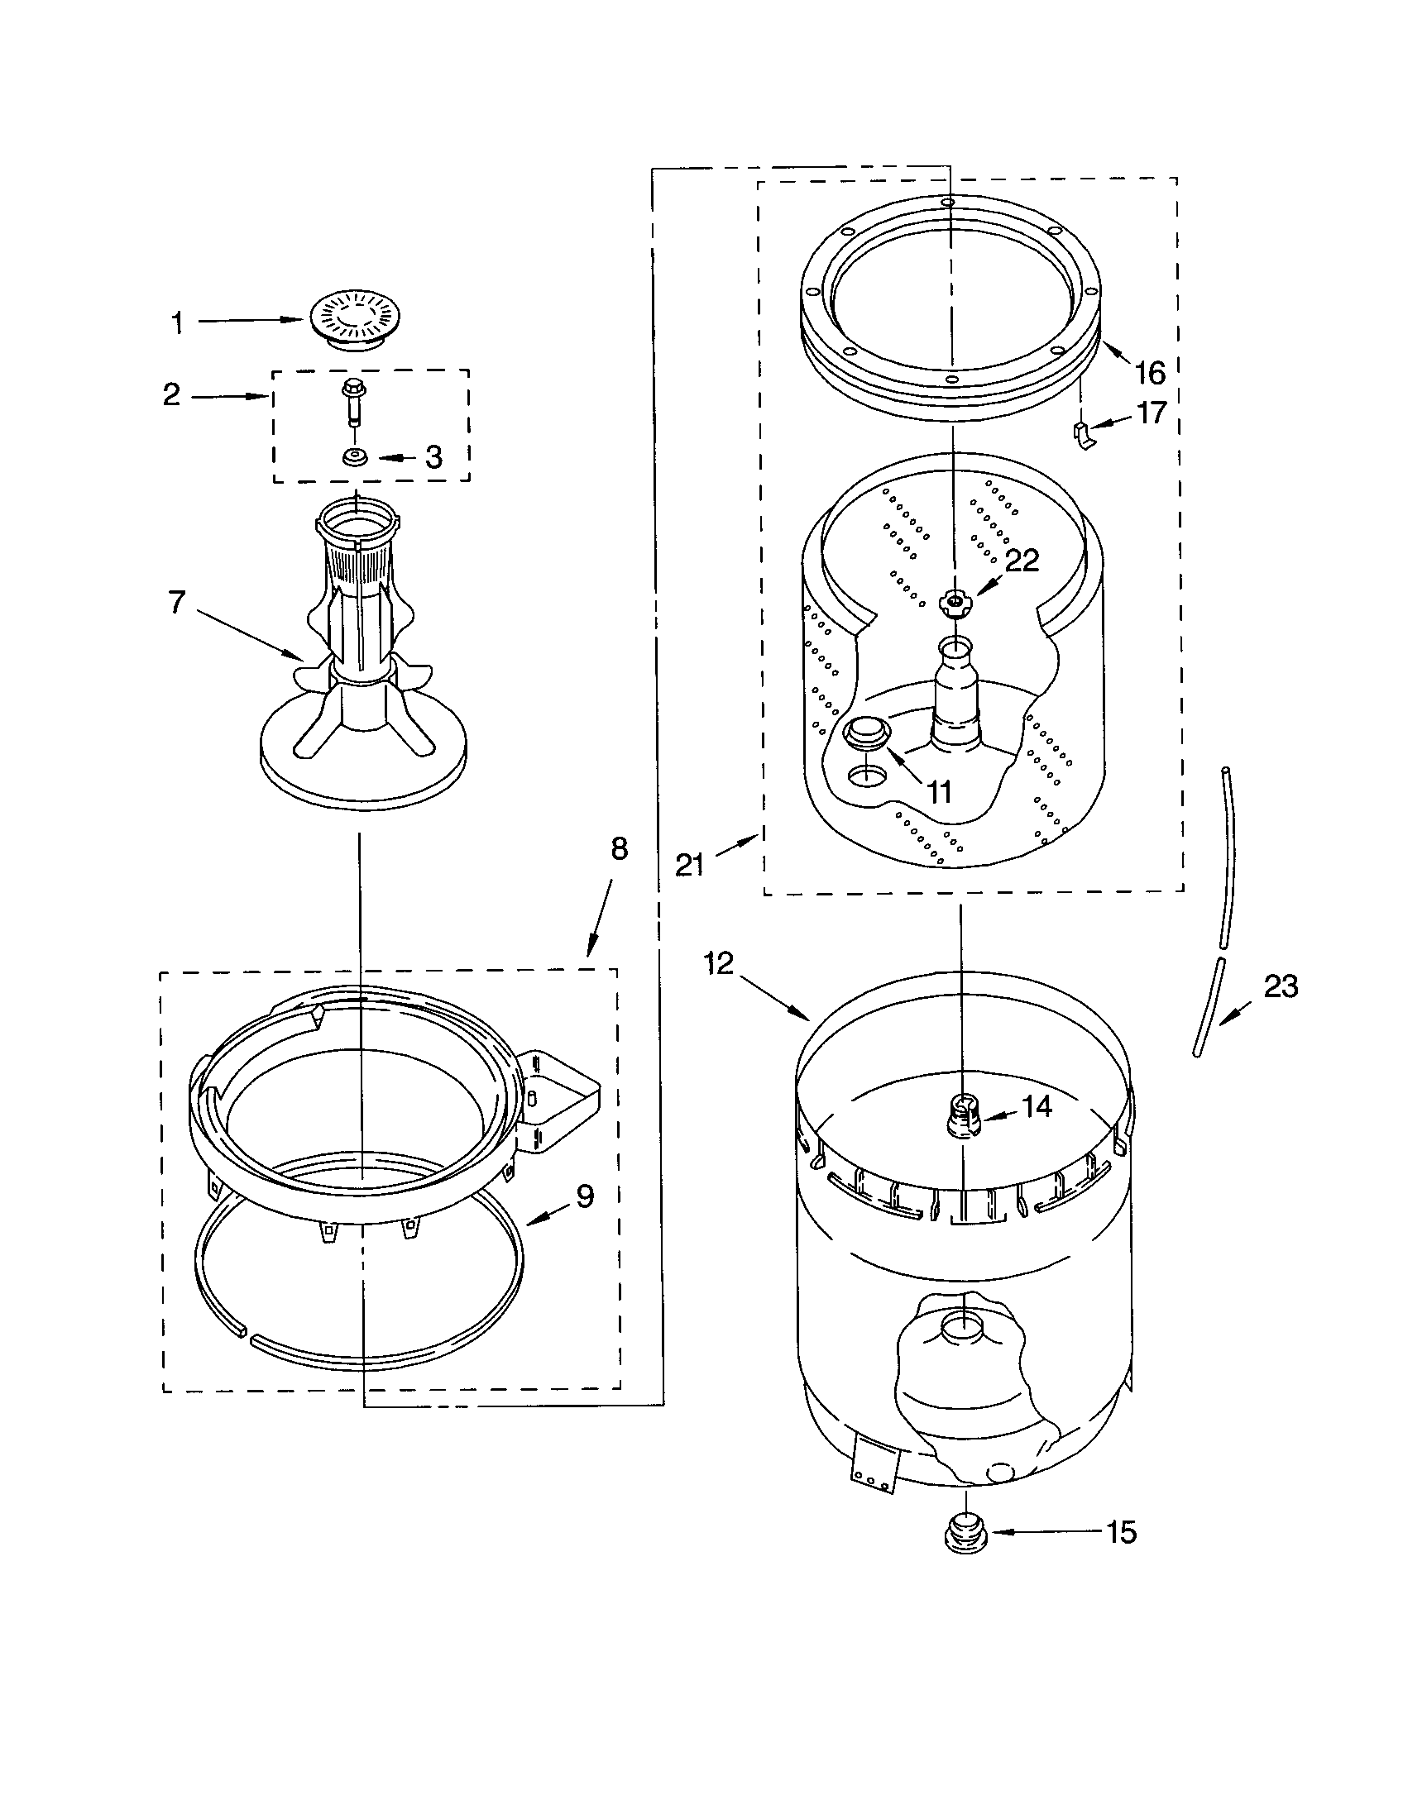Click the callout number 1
click(177, 323)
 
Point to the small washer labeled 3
click(356, 457)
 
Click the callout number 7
click(177, 601)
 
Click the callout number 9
click(585, 1197)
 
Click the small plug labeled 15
click(965, 1532)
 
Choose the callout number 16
click(1151, 373)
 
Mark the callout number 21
click(690, 865)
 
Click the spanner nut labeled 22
click(952, 601)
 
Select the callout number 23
click(1281, 986)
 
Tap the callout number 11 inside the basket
click(939, 792)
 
